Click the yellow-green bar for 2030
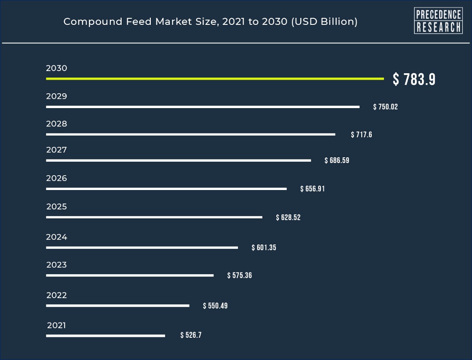[x=215, y=78]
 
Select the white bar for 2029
[x=203, y=107]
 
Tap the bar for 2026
[x=166, y=189]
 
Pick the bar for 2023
[x=130, y=275]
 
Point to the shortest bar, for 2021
[x=105, y=336]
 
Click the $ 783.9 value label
[x=414, y=79]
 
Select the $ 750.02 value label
[x=385, y=107]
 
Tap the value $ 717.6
[x=361, y=135]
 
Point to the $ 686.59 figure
[x=337, y=160]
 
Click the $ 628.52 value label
[x=288, y=217]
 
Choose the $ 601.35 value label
[x=264, y=248]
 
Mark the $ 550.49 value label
[x=215, y=306]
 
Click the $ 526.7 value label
[x=191, y=335]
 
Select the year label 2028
[x=57, y=124]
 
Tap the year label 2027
[x=57, y=150]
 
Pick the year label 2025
[x=57, y=207]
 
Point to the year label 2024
[x=57, y=237]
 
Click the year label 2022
[x=57, y=295]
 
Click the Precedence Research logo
[x=438, y=20]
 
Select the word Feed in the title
[x=139, y=22]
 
